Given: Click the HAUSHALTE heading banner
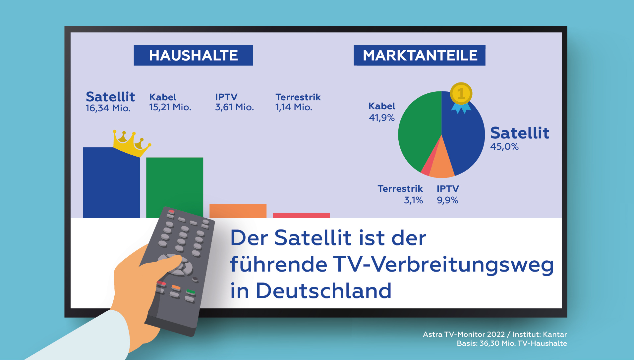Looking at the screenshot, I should click(193, 55).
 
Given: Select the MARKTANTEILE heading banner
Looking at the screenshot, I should click(419, 55).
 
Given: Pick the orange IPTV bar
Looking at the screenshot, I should click(238, 211).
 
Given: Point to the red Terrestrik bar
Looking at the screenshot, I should click(301, 216).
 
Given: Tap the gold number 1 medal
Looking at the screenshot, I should click(461, 94).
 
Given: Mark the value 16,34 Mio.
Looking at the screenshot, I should click(108, 108).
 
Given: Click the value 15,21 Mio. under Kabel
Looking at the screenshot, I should click(170, 107).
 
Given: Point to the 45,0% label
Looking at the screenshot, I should click(504, 146).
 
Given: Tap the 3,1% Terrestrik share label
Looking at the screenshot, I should click(413, 200).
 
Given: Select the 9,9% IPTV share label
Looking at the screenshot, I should click(447, 200).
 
